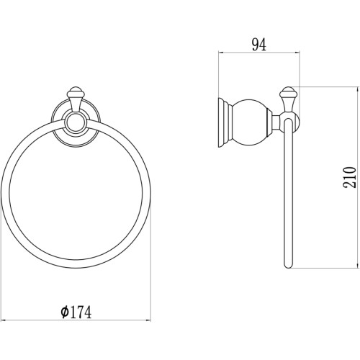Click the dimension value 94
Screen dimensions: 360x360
click(259, 45)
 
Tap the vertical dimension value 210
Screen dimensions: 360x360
click(350, 177)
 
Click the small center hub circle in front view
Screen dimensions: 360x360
click(76, 123)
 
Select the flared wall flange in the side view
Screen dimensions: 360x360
click(225, 122)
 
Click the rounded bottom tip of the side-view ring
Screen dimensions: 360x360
click(288, 266)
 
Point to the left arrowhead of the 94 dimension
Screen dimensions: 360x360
click(220, 53)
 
